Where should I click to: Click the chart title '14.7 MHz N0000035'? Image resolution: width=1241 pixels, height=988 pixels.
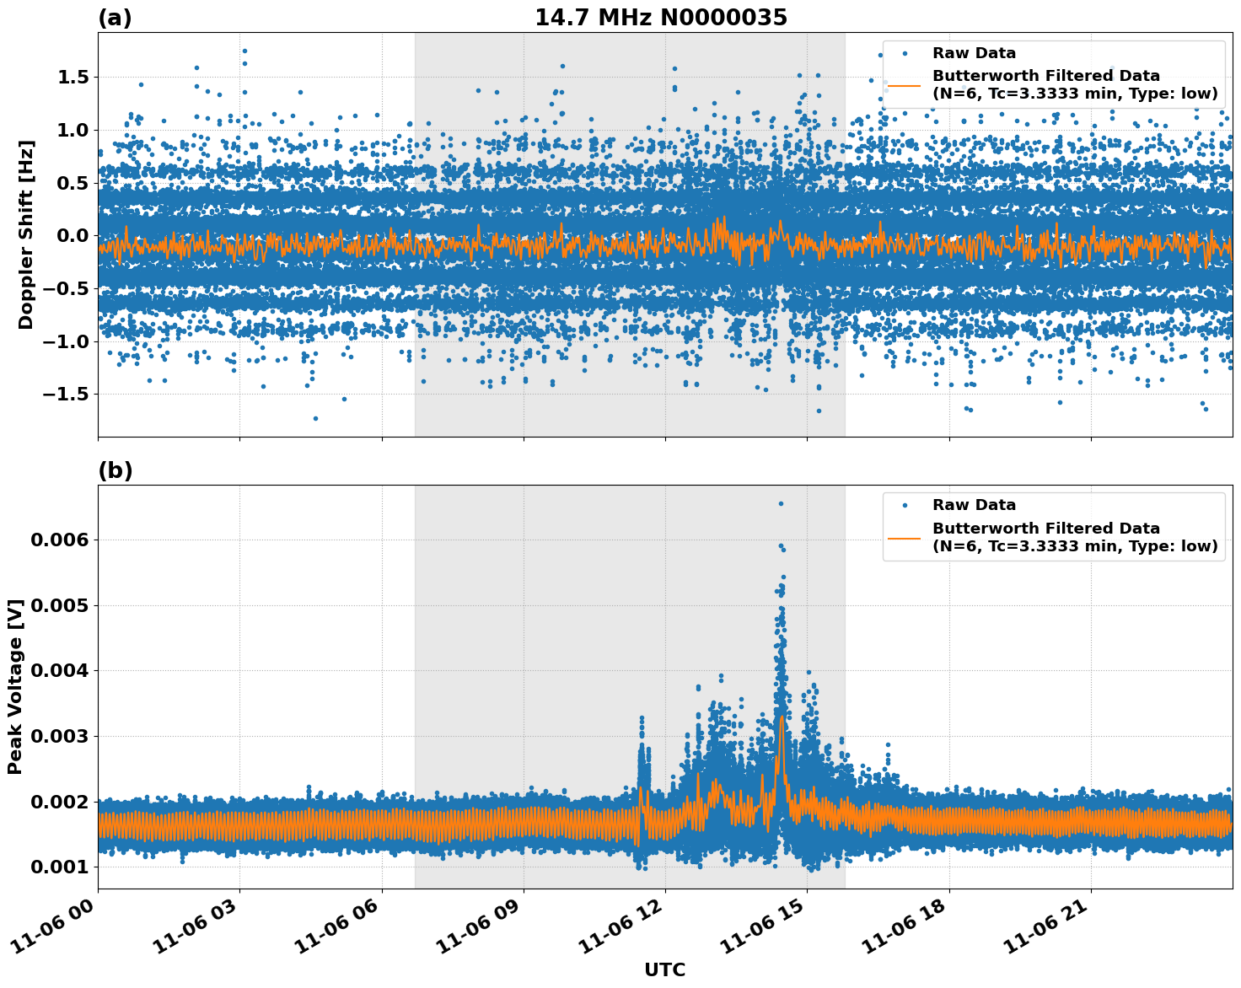(x=661, y=18)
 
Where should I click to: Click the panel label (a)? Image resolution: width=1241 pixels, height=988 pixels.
(x=115, y=18)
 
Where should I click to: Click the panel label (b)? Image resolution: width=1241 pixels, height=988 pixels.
(x=116, y=470)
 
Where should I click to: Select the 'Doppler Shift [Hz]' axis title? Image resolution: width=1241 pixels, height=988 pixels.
(x=26, y=234)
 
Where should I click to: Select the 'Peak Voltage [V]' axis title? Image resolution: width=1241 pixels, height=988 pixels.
(x=15, y=686)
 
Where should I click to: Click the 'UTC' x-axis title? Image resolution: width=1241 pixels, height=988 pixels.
(x=664, y=969)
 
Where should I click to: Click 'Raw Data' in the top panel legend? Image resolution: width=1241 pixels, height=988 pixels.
(x=974, y=53)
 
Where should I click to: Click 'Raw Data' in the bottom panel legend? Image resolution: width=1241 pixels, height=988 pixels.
(x=974, y=505)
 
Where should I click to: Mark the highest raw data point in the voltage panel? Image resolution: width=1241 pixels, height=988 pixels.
(x=781, y=503)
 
